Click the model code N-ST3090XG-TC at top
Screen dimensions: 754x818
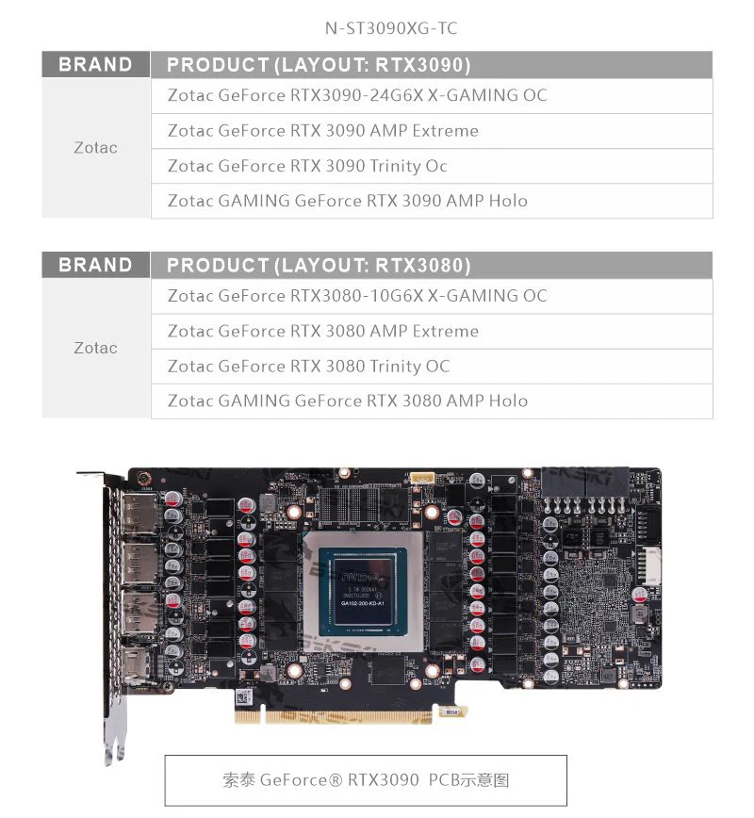pyautogui.click(x=390, y=28)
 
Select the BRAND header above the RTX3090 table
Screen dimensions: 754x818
pyautogui.click(x=95, y=65)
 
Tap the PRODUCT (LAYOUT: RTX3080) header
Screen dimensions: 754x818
pyautogui.click(x=319, y=265)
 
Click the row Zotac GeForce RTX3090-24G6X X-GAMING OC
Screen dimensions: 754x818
pyautogui.click(x=357, y=95)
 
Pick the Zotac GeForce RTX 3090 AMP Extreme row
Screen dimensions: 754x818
pyautogui.click(x=323, y=130)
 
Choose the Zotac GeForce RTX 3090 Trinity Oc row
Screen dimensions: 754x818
pyautogui.click(x=307, y=166)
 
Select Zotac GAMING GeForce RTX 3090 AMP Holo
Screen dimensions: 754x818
pyautogui.click(x=347, y=201)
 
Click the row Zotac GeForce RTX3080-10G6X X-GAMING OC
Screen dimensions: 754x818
pyautogui.click(x=357, y=296)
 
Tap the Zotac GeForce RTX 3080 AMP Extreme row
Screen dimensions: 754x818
pyautogui.click(x=323, y=331)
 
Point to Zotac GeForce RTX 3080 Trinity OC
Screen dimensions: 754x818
pyautogui.click(x=308, y=366)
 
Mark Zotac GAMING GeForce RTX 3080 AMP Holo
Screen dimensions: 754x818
pyautogui.click(x=347, y=401)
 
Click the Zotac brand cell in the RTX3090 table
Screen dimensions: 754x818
pyautogui.click(x=95, y=148)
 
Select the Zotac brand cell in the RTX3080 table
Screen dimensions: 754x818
pyautogui.click(x=95, y=348)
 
